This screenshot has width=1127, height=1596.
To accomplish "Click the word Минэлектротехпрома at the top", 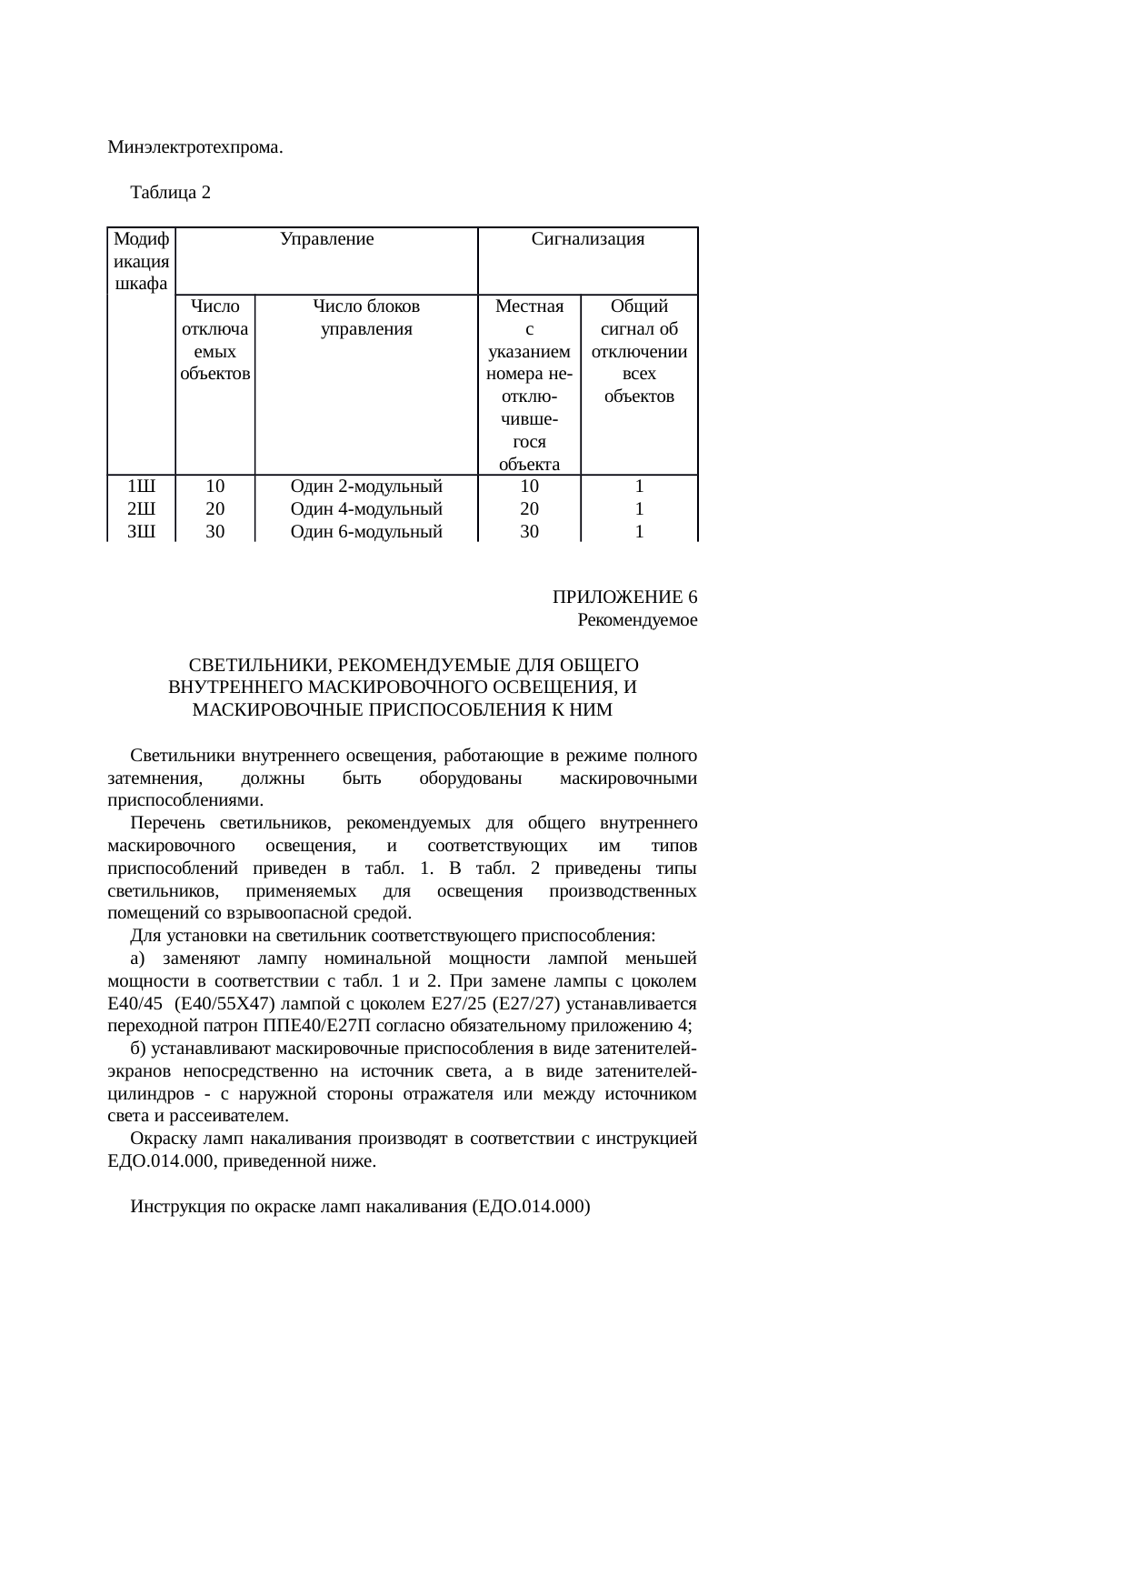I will coord(194,147).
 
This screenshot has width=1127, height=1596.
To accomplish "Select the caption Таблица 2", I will coord(171,193).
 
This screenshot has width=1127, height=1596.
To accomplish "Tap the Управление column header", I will coord(327,239).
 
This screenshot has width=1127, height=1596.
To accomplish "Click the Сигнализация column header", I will coord(587,239).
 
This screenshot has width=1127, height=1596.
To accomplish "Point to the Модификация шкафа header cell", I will coord(141,261).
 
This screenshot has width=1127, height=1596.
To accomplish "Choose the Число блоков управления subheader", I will coord(366,317).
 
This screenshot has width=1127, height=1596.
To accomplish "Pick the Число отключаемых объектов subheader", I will coord(215,340).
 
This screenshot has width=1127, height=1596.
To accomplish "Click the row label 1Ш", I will coord(140,487).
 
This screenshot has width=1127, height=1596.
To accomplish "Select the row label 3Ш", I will coord(140,532).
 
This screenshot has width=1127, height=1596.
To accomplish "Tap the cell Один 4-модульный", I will coord(366,509).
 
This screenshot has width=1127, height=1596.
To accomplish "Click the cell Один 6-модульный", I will coord(366,532).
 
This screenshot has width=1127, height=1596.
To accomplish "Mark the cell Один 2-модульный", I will coord(366,487).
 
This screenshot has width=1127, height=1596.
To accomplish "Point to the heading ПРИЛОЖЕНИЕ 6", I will coord(624,597).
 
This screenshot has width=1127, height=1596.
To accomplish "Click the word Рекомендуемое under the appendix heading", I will coord(637,620).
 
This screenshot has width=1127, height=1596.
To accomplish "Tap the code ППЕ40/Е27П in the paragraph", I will coord(310,1026).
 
